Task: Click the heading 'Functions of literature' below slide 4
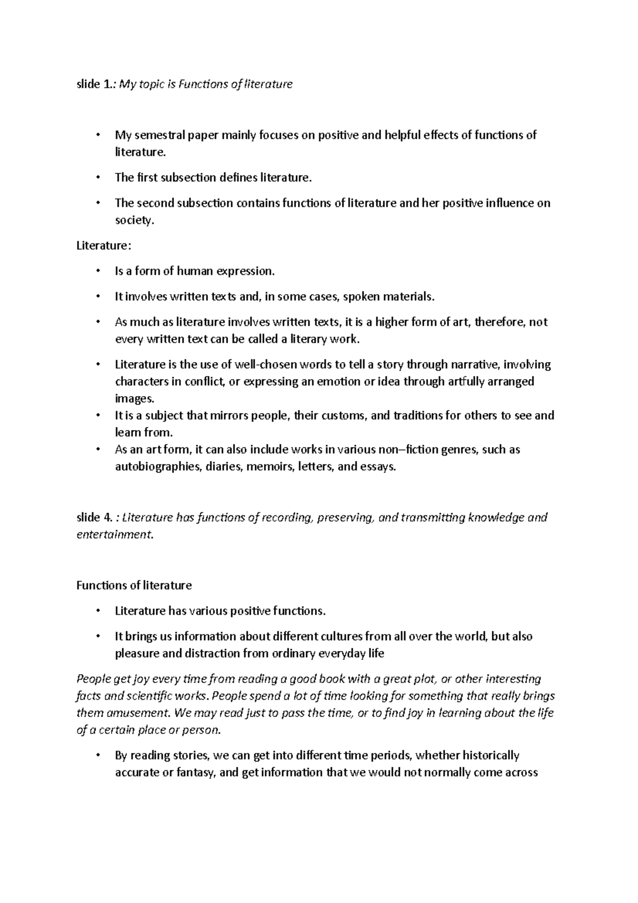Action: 134,586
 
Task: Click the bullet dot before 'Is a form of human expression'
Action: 97,271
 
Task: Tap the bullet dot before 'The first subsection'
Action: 97,178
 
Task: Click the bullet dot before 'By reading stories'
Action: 97,756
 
